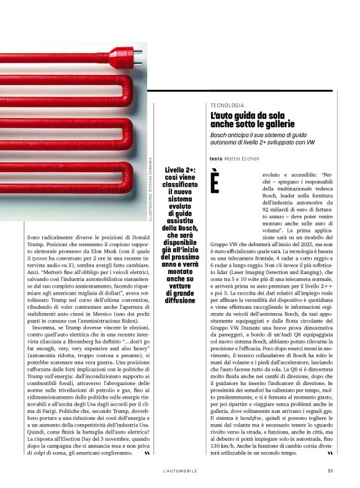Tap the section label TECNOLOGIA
point(227,106)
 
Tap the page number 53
point(330,471)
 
